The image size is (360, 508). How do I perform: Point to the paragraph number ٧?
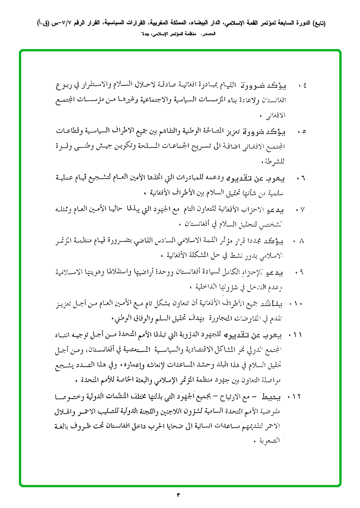[302, 209]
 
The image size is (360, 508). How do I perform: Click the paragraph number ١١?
[298, 335]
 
